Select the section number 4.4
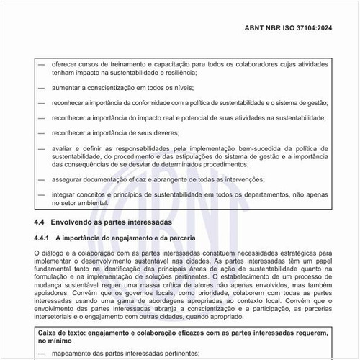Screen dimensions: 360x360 40,222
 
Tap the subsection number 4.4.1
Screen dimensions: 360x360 42,238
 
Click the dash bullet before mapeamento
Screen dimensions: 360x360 42,354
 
